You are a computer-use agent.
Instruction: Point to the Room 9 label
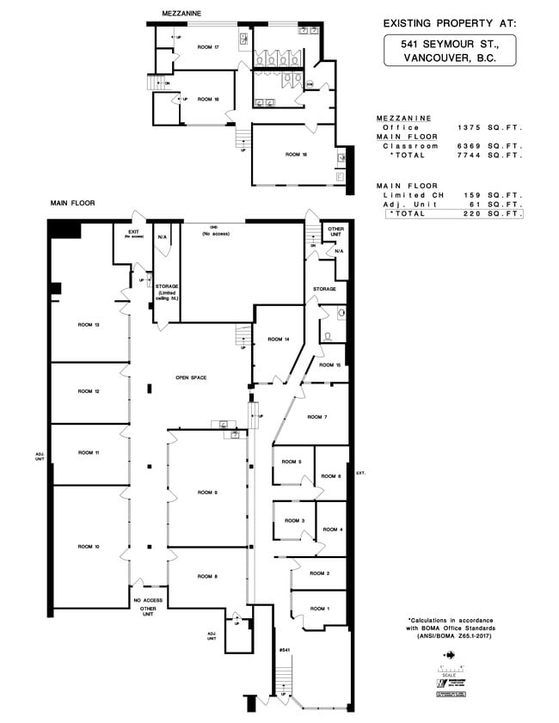(x=207, y=493)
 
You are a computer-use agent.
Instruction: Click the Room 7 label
(x=320, y=417)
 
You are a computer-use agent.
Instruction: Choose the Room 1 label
(x=320, y=609)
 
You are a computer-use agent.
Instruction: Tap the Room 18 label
(x=297, y=154)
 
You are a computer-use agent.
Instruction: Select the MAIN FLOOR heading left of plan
(x=71, y=203)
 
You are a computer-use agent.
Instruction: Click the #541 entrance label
(x=284, y=650)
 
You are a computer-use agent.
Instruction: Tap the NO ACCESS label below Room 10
(x=147, y=601)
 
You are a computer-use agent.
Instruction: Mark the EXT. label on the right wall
(x=361, y=473)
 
